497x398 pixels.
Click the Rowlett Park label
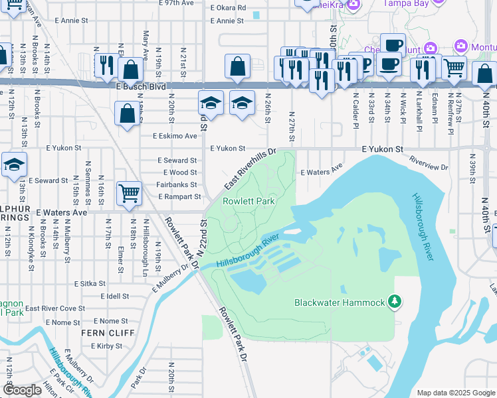(x=248, y=200)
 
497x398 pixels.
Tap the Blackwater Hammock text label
(x=340, y=303)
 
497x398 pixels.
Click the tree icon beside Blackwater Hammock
(x=395, y=302)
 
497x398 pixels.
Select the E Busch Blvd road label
(x=139, y=86)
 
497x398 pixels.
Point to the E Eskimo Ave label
(x=175, y=136)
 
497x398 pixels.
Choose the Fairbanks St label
(x=176, y=184)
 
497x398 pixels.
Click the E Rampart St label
(x=179, y=196)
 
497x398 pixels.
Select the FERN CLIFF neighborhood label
(x=102, y=332)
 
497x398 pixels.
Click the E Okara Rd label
(x=228, y=8)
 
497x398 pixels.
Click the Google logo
(x=22, y=390)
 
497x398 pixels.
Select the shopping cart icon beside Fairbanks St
(x=129, y=194)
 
